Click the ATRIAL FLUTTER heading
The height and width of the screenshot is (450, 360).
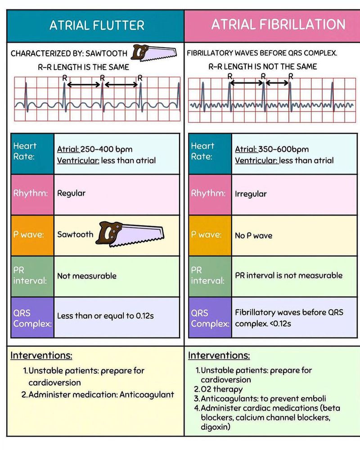[x=97, y=25]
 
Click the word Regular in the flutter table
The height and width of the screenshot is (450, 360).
[x=71, y=193]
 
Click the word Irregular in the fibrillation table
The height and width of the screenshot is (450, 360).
[x=251, y=194]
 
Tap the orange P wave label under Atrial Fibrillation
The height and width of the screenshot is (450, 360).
[x=209, y=234]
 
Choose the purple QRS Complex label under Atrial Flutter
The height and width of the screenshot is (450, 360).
[x=32, y=318]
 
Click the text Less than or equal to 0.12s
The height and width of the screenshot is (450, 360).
[x=105, y=316]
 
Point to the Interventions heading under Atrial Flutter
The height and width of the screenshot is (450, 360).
[x=41, y=355]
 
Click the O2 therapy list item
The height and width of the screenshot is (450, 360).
[x=220, y=389]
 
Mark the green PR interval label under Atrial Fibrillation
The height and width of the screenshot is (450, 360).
[x=209, y=275]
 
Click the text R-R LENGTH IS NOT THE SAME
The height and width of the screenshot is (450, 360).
[x=262, y=67]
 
